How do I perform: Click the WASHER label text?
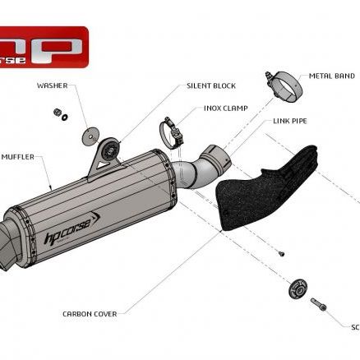pos(52,84)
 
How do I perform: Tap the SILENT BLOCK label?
pos(210,85)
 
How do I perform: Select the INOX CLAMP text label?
pos(226,108)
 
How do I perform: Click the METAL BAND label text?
pos(331,76)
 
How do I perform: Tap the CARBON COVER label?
pos(90,313)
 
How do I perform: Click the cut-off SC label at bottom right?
pos(355,326)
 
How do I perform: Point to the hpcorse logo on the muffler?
pos(72,229)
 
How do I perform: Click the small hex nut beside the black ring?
pos(56,112)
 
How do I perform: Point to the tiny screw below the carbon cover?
pos(280,253)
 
